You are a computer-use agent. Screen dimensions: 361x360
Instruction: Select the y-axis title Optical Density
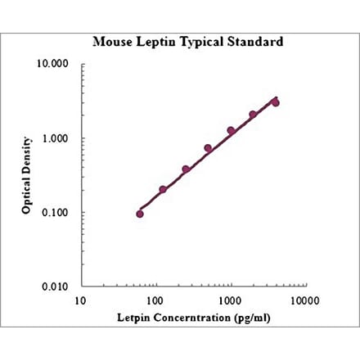coord(27,175)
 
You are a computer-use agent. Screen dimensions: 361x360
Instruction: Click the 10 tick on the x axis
coord(79,300)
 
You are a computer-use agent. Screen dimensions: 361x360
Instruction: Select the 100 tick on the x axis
coord(155,300)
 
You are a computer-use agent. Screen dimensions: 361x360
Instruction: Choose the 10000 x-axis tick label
coord(304,300)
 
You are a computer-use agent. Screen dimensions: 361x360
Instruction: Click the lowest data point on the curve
coord(140,214)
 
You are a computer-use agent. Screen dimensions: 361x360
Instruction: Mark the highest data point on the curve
coord(276,102)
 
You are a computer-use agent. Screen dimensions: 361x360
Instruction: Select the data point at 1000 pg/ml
coord(231,130)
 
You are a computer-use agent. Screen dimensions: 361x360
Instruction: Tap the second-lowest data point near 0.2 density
coord(163,190)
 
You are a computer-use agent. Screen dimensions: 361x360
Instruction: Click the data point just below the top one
coord(253,115)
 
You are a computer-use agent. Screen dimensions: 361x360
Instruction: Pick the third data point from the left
coord(186,169)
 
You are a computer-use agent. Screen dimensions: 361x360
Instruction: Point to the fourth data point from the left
coord(208,148)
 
